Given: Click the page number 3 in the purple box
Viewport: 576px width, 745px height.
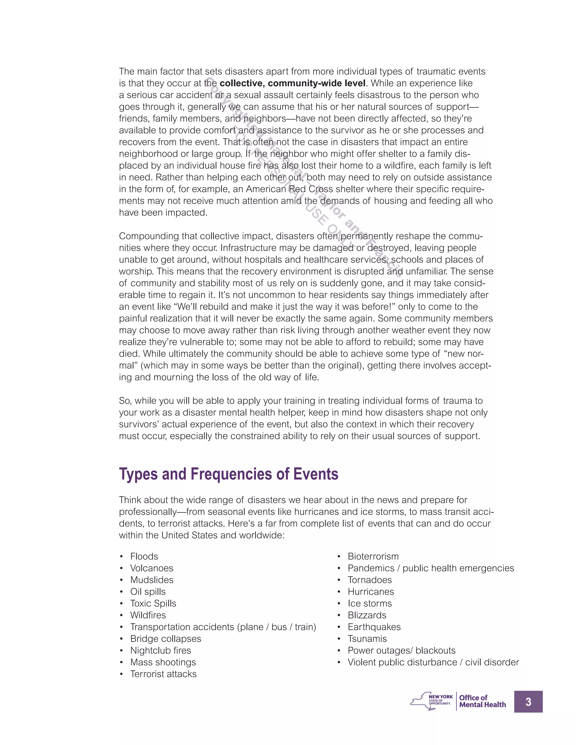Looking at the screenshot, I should click(528, 702).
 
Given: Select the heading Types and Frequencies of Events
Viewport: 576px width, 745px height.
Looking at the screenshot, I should click(228, 474).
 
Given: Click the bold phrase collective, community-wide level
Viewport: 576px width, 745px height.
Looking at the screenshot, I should click(292, 83).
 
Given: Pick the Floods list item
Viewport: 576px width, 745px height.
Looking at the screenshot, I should click(144, 556).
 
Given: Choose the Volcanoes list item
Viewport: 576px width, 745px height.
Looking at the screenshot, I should click(152, 568).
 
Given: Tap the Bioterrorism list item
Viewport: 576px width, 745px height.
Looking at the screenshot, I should click(373, 556).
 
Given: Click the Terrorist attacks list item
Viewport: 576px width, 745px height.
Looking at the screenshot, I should click(163, 674).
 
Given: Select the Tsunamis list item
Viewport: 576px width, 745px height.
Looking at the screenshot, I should click(367, 638).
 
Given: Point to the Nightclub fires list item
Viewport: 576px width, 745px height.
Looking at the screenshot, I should click(160, 650).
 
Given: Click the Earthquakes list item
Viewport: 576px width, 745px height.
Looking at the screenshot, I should click(374, 627).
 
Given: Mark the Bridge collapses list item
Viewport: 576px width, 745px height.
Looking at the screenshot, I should click(165, 638).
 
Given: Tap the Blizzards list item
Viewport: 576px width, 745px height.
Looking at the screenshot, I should click(367, 615).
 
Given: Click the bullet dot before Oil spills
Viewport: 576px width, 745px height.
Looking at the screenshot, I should click(121, 592).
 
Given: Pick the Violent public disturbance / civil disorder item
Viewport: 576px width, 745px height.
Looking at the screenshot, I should click(433, 662).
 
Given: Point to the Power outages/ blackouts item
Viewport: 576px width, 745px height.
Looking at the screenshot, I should click(401, 650).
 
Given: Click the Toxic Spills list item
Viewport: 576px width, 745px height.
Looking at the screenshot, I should click(153, 603).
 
